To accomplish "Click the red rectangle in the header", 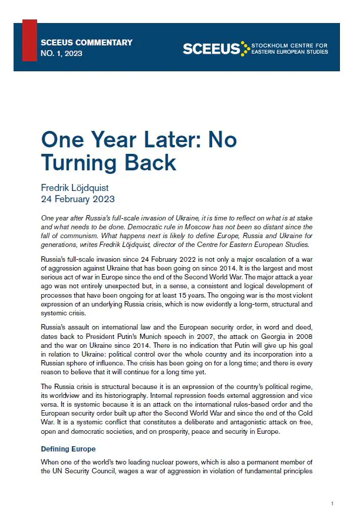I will [29, 40].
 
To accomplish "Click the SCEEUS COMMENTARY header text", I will [87, 42].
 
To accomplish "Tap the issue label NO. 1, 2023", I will [61, 54].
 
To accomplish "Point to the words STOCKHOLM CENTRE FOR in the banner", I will [289, 45].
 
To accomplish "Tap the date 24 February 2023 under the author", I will [78, 199].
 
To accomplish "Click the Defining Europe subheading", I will [68, 449].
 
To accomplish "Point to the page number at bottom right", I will [333, 503].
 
